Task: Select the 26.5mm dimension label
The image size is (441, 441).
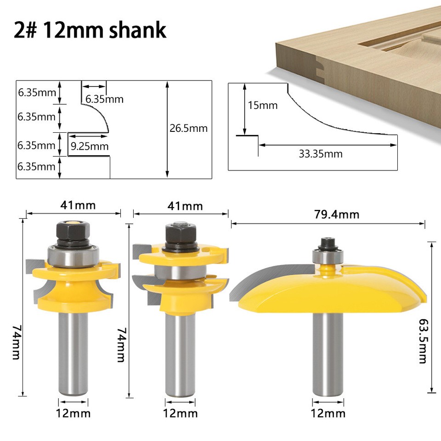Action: (x=188, y=128)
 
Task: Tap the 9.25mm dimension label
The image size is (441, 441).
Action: (x=90, y=147)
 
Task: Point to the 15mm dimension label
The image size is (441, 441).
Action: (x=263, y=105)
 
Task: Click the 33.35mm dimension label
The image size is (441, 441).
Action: (x=321, y=154)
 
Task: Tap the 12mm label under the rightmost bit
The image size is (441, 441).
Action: (x=328, y=413)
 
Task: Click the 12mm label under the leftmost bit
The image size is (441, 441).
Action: (x=73, y=413)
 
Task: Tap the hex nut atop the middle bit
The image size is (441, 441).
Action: (x=179, y=234)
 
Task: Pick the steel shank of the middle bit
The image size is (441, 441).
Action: (x=179, y=354)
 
